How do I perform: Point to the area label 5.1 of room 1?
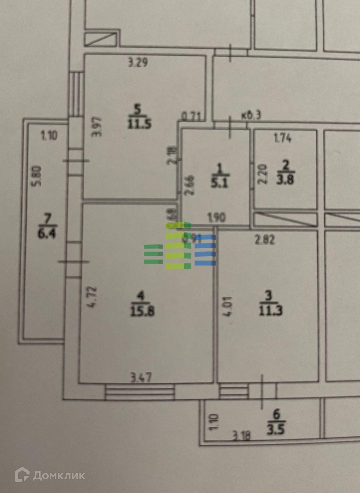219,183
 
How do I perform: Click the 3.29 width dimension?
138,63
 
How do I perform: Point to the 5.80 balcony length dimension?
37,176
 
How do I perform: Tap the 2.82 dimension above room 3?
265,239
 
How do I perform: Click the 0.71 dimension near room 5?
191,116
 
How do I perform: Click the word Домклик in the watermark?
59,475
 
